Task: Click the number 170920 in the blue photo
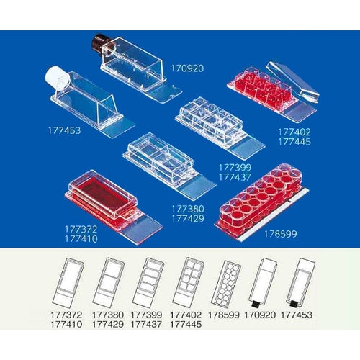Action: pos(187,68)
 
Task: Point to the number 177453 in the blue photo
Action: pos(64,130)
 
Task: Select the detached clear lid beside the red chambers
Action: pos(293,82)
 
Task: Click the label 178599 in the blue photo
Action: pos(281,234)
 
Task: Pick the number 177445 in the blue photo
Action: pos(294,142)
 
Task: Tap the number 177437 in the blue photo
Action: pos(235,177)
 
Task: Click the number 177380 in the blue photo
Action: pos(188,209)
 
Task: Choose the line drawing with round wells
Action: pos(225,284)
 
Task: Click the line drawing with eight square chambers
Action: pos(189,282)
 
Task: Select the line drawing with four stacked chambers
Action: pos(148,282)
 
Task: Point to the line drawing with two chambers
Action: pos(109,282)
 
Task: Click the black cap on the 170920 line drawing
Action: pos(256,305)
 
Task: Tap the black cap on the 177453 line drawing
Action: pos(293,304)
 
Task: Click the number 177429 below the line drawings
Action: pos(108,325)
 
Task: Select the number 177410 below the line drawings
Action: pos(66,325)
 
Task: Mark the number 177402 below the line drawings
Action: pos(186,315)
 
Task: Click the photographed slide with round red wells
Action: pos(261,202)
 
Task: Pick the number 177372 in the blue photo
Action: pos(81,229)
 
